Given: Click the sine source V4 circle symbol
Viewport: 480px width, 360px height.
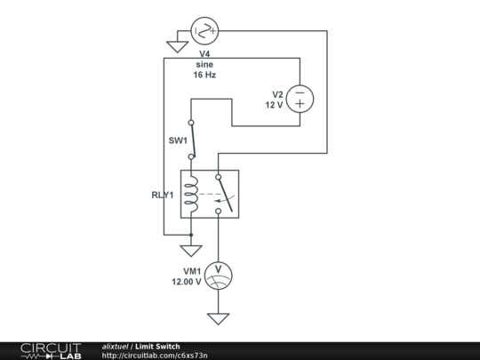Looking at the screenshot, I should pos(204,32).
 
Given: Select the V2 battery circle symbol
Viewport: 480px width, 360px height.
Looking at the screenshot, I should pos(300,99).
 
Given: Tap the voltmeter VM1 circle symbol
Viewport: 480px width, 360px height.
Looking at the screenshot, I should pos(218,275).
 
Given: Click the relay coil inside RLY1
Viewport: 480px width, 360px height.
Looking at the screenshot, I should pos(190,194).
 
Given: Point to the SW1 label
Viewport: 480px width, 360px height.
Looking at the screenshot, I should pos(178,140).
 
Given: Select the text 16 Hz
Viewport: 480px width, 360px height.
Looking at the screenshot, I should pos(204,75).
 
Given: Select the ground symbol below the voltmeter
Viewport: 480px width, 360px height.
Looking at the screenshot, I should pos(218,318).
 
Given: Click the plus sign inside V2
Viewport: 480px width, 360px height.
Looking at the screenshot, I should pos(300,105).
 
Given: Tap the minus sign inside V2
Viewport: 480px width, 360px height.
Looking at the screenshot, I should pos(300,92).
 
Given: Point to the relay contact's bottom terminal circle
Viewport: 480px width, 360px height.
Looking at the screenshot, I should pos(218,211).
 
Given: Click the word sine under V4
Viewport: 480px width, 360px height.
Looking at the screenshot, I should pos(204,64).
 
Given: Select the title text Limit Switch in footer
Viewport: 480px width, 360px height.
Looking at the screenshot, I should pos(158,346).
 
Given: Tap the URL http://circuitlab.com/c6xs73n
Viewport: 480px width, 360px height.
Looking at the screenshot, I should pos(155,356).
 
